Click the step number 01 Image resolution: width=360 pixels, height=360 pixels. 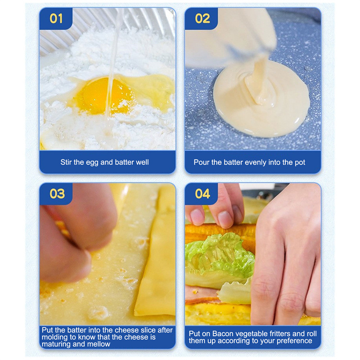coord(56,18)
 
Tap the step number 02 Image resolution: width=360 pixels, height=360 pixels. coord(202,18)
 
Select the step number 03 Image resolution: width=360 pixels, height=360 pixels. coord(57,193)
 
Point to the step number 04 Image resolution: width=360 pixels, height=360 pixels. coord(202,193)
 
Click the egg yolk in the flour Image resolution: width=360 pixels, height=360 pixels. coord(104,96)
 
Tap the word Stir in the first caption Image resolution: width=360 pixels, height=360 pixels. coord(66,162)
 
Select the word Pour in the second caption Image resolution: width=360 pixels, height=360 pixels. coord(201,162)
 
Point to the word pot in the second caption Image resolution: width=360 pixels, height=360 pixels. coord(300,162)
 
